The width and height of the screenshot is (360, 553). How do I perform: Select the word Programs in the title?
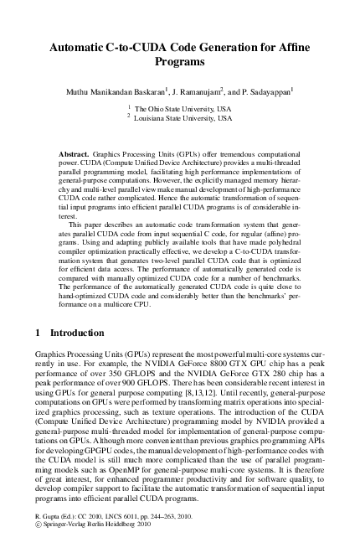tap(180, 62)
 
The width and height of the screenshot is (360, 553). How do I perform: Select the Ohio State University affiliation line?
tap(180, 109)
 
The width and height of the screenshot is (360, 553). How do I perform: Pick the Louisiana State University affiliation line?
tap(180, 119)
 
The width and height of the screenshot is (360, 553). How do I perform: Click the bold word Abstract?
tap(77, 156)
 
